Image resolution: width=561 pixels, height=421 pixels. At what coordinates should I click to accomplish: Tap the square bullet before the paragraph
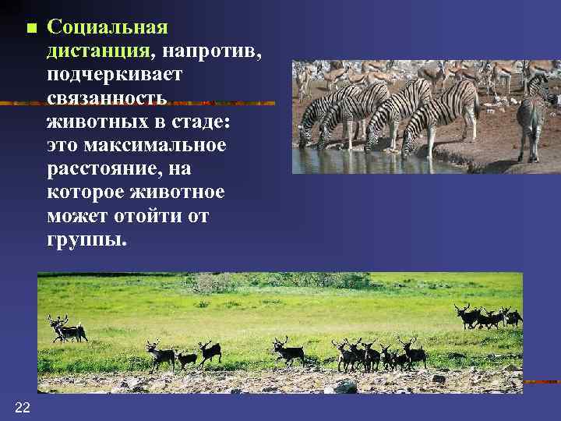31,29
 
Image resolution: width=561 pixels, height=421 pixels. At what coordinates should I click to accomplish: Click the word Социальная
107,27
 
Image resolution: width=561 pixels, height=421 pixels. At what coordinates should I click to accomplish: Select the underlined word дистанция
98,51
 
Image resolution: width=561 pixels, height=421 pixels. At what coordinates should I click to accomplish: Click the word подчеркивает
114,75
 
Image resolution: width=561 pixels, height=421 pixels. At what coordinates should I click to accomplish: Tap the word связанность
107,98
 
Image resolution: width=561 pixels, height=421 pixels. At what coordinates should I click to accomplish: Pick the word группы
85,239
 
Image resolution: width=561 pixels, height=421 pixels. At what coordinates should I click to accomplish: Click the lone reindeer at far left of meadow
67,330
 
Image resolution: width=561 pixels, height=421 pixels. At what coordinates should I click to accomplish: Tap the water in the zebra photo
351,161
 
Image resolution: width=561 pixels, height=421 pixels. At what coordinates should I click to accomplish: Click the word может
74,215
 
